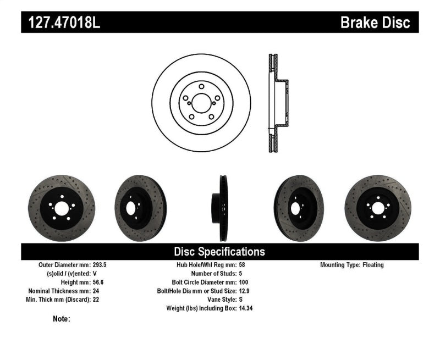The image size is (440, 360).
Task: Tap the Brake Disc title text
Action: (x=375, y=23)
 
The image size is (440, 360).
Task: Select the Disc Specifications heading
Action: (x=219, y=252)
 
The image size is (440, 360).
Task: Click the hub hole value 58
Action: (x=243, y=265)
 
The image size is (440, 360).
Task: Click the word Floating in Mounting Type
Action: (x=373, y=265)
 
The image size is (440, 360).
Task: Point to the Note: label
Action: (x=62, y=319)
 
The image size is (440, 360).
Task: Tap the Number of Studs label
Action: (x=213, y=274)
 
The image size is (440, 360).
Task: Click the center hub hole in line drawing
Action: (x=201, y=103)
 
